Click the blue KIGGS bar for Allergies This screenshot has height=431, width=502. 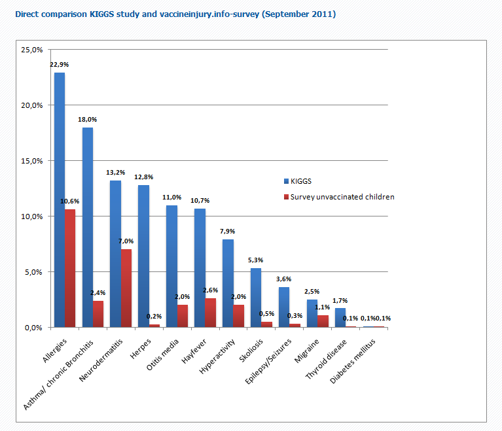60,199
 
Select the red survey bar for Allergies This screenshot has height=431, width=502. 70,268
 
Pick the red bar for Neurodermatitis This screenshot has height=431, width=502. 126,288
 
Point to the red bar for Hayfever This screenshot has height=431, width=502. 211,313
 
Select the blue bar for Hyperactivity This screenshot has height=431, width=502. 228,283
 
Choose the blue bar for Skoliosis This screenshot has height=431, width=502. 256,298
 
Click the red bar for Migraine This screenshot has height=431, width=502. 323,321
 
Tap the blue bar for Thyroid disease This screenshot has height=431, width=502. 340,318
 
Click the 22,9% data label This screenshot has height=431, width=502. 60,64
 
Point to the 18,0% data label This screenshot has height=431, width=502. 88,119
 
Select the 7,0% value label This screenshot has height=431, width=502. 126,241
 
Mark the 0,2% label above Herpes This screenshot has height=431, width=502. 154,317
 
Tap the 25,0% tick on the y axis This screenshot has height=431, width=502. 32,50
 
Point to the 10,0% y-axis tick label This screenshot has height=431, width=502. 32,216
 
